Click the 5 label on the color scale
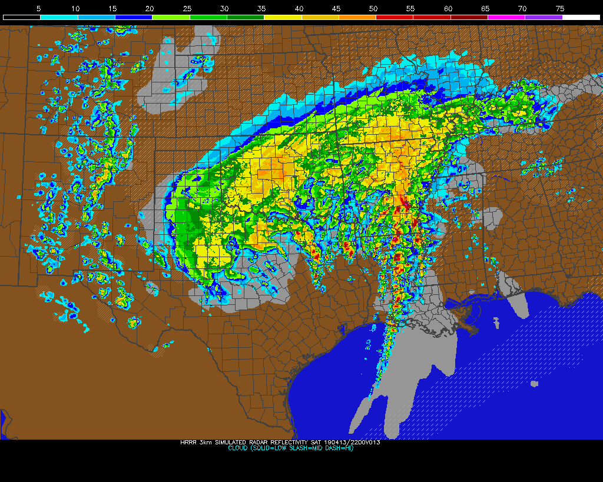pyautogui.click(x=38, y=9)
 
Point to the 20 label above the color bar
pyautogui.click(x=150, y=9)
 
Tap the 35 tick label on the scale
pyautogui.click(x=261, y=9)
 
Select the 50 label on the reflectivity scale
pyautogui.click(x=373, y=9)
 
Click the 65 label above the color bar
pyautogui.click(x=485, y=9)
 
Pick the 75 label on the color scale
pyautogui.click(x=559, y=9)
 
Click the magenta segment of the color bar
pyautogui.click(x=506, y=18)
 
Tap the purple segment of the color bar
pyautogui.click(x=544, y=18)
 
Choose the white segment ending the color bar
pyautogui.click(x=581, y=18)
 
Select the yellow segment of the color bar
pyautogui.click(x=283, y=18)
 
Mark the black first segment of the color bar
pyautogui.click(x=22, y=18)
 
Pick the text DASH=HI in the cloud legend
pyautogui.click(x=337, y=448)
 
